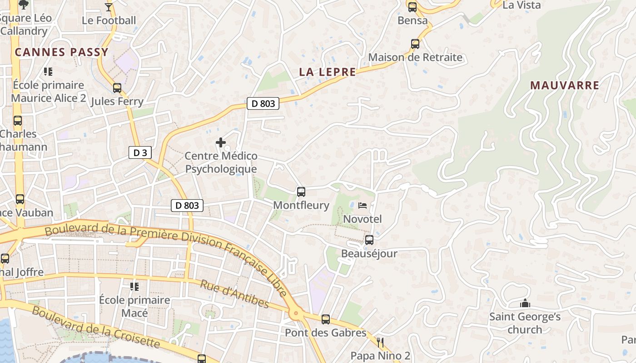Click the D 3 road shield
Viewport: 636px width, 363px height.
pyautogui.click(x=140, y=152)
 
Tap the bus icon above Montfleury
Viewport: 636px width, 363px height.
pyautogui.click(x=301, y=192)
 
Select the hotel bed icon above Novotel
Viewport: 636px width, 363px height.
pyautogui.click(x=362, y=206)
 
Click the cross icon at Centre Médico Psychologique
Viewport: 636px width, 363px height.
pyautogui.click(x=221, y=143)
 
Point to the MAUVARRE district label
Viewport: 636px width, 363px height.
pyautogui.click(x=565, y=85)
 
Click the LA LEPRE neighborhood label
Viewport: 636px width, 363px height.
pyautogui.click(x=327, y=72)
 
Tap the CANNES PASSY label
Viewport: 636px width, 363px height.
pyautogui.click(x=61, y=52)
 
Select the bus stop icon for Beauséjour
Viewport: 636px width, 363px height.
pyautogui.click(x=369, y=240)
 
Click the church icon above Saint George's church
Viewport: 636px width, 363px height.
pyautogui.click(x=525, y=303)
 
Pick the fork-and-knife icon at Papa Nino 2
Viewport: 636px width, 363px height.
pyautogui.click(x=381, y=342)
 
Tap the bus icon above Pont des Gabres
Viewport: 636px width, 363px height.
pyautogui.click(x=325, y=319)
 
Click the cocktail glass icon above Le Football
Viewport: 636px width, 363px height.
pyautogui.click(x=109, y=7)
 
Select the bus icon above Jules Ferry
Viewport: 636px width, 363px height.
pyautogui.click(x=117, y=88)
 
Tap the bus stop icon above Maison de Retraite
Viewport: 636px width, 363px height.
pyautogui.click(x=415, y=44)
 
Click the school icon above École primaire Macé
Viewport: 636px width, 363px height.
pyautogui.click(x=134, y=286)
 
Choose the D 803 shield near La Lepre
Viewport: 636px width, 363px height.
pyautogui.click(x=263, y=103)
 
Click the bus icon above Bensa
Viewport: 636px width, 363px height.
pyautogui.click(x=412, y=7)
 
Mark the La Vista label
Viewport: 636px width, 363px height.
pyautogui.click(x=522, y=5)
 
